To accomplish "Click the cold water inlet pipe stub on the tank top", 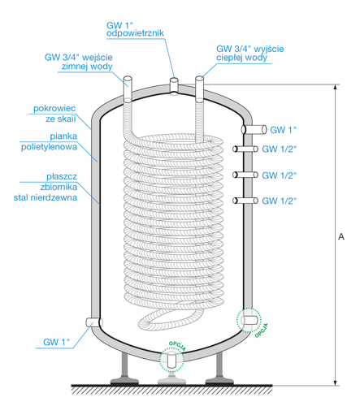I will (x=127, y=83).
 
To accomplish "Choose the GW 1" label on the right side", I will (x=284, y=129).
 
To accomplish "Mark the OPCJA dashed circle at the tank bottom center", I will (x=171, y=356).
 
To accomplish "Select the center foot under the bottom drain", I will (x=171, y=378).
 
